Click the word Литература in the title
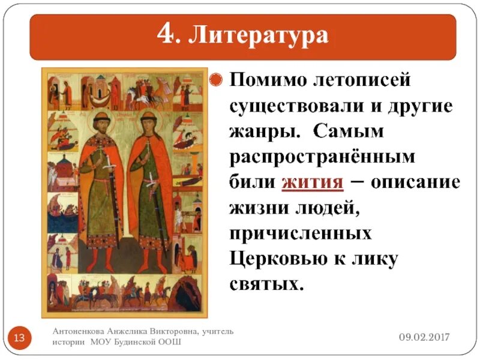[x=259, y=35]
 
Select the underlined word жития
[x=312, y=182]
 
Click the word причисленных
[x=301, y=232]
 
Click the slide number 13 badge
[x=19, y=337]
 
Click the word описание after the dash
[x=415, y=182]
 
